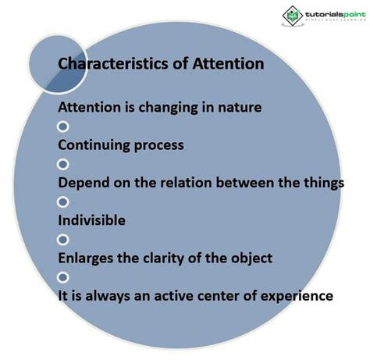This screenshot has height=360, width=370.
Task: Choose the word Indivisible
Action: click(x=92, y=221)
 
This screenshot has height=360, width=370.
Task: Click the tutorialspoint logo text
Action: click(x=331, y=14)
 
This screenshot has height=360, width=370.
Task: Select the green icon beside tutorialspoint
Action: click(x=291, y=16)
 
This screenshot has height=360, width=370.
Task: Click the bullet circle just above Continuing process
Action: click(x=63, y=127)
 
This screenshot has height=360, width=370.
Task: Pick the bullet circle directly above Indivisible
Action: click(x=63, y=201)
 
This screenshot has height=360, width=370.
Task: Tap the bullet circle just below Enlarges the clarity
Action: click(x=63, y=276)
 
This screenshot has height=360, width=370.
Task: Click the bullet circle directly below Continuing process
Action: click(x=63, y=164)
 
